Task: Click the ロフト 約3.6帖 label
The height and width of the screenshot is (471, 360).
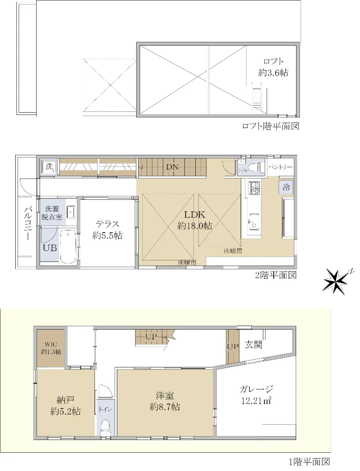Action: click(273, 67)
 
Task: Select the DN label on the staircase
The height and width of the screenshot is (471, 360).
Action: click(172, 167)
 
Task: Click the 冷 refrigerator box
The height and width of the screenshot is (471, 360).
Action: click(286, 187)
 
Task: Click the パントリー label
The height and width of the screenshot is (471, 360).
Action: click(280, 167)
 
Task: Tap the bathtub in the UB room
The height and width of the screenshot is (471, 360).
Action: click(68, 247)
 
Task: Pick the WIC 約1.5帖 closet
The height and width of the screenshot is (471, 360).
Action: click(51, 348)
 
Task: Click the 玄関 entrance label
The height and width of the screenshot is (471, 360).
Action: click(254, 345)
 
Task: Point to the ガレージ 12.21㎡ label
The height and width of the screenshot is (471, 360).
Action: click(256, 394)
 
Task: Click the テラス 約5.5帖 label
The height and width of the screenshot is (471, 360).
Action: click(107, 230)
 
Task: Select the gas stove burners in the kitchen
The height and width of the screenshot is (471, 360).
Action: click(255, 188)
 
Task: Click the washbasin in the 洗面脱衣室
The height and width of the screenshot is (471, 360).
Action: click(71, 212)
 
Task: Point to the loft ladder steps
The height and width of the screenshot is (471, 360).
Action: click(257, 96)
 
